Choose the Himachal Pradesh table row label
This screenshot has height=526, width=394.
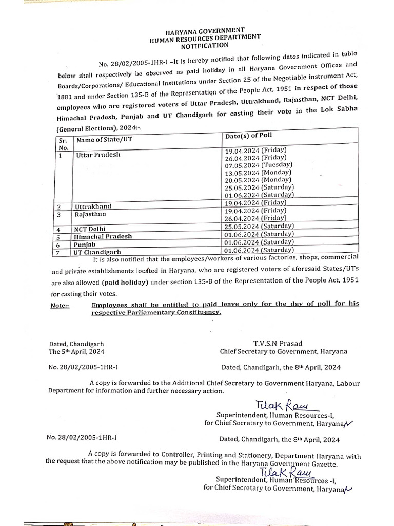click(x=103, y=236)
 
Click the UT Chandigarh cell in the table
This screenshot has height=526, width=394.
click(x=98, y=252)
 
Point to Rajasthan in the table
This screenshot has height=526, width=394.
click(x=90, y=214)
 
